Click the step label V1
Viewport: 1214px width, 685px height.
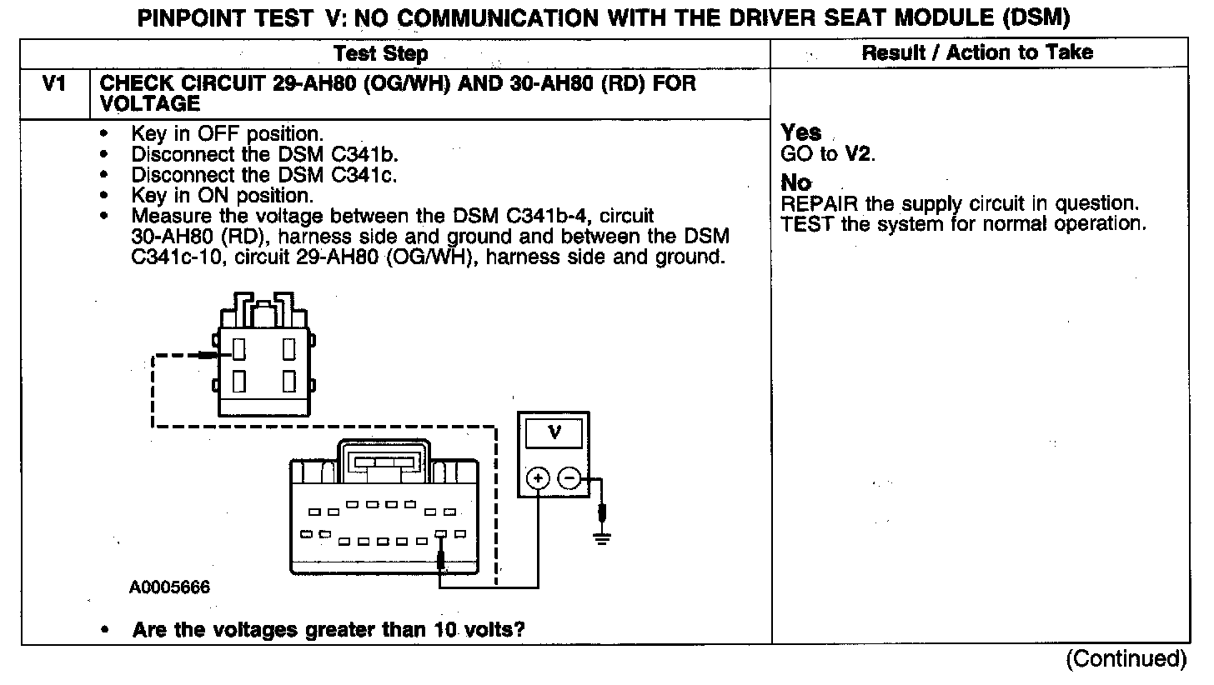[x=54, y=85]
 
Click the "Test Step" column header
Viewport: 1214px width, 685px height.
[x=380, y=54]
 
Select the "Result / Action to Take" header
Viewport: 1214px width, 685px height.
[x=977, y=52]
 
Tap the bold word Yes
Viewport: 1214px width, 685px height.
[x=801, y=133]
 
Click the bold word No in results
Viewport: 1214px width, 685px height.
[x=796, y=183]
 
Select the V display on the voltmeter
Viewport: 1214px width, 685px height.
[x=554, y=432]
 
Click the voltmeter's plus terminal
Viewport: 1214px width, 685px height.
[x=538, y=478]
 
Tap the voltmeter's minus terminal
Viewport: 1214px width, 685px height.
[x=569, y=478]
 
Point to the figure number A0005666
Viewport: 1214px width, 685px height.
[x=169, y=587]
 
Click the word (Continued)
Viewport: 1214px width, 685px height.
[x=1126, y=658]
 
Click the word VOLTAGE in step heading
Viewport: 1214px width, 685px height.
[x=150, y=104]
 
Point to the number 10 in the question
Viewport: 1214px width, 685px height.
[x=448, y=629]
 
